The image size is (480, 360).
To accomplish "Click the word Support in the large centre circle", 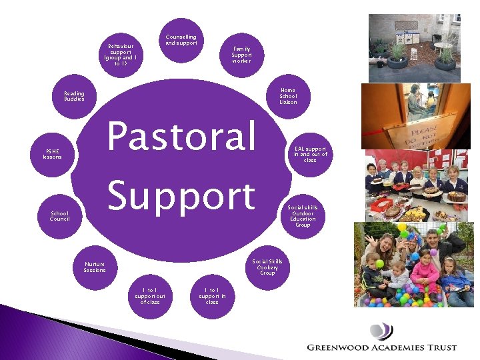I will point(181,196).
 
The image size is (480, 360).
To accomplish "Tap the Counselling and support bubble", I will point(181,41).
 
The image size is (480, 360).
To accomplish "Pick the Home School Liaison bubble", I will point(288,96).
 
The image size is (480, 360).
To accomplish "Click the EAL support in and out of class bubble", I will point(310,154).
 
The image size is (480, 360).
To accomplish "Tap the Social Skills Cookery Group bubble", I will point(267,267).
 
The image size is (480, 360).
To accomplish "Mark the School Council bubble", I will point(59,216).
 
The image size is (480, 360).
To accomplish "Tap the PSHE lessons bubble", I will point(52,154).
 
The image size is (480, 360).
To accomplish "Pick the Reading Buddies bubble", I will point(74,96).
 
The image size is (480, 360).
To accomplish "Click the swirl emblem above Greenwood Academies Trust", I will point(381,331).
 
